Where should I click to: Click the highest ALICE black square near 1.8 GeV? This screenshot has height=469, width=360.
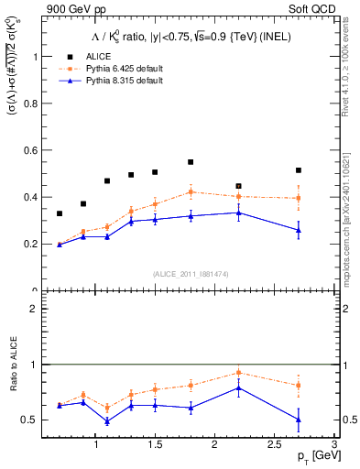(191, 162)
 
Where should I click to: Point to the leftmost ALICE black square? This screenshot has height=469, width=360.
(60, 213)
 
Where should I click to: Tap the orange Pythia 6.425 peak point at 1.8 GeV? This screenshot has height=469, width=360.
(191, 191)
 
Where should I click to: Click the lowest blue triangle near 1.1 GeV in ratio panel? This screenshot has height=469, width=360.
(107, 421)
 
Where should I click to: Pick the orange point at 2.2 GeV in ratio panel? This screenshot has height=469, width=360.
(238, 372)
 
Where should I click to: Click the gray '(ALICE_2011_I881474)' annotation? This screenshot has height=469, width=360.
(191, 274)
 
